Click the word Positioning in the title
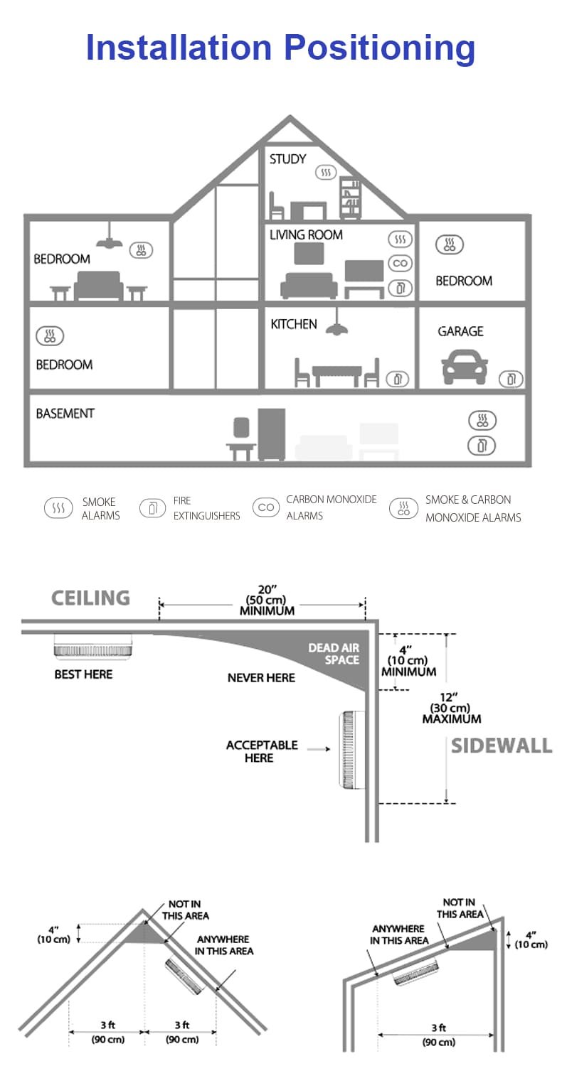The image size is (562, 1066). coord(379,48)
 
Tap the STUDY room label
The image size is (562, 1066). coord(287,159)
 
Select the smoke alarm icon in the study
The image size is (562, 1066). coord(326,173)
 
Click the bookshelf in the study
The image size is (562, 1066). coord(350,198)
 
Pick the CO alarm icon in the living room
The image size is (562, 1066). coord(401,264)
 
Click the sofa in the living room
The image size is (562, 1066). coord(309,286)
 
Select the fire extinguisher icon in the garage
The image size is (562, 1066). coord(510,379)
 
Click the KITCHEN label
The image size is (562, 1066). coord(294,325)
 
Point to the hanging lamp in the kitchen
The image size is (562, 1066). coord(336,326)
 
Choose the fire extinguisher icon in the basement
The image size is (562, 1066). coord(482,446)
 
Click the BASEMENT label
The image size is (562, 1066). coord(65,414)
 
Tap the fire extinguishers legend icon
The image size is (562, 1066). coord(152,508)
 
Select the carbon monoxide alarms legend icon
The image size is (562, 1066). coord(266,508)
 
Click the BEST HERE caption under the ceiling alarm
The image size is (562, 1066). coord(83,674)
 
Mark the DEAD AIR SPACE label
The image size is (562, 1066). coord(334,654)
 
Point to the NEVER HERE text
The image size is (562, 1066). coord(261,678)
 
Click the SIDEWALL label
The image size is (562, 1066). coord(502,745)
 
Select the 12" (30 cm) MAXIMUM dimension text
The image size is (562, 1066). coord(451,709)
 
